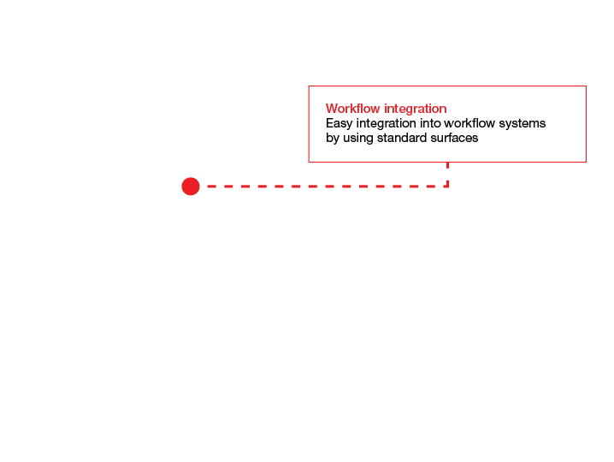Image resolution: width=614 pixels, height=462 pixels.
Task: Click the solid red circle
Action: click(191, 187)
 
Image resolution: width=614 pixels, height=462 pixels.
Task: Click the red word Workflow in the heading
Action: click(353, 109)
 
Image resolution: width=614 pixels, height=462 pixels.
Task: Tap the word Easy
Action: click(339, 124)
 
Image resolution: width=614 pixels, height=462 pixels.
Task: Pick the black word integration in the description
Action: click(386, 124)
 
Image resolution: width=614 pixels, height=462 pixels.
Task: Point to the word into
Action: click(430, 123)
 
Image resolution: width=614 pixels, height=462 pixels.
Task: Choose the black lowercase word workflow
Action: click(469, 123)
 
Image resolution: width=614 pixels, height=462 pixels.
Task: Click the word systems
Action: click(522, 124)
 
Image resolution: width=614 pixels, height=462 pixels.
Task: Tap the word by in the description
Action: click(333, 139)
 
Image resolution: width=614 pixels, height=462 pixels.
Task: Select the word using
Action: click(358, 139)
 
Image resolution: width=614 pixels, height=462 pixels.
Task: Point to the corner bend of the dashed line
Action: click(447, 187)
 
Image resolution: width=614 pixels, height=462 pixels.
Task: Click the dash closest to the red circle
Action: click(211, 187)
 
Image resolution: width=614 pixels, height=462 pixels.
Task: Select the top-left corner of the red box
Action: click(309, 86)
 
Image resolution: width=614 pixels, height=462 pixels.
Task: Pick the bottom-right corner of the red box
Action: click(586, 162)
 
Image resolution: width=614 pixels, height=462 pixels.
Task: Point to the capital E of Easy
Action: click(329, 123)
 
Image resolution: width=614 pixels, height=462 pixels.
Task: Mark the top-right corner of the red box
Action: click(586, 86)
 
